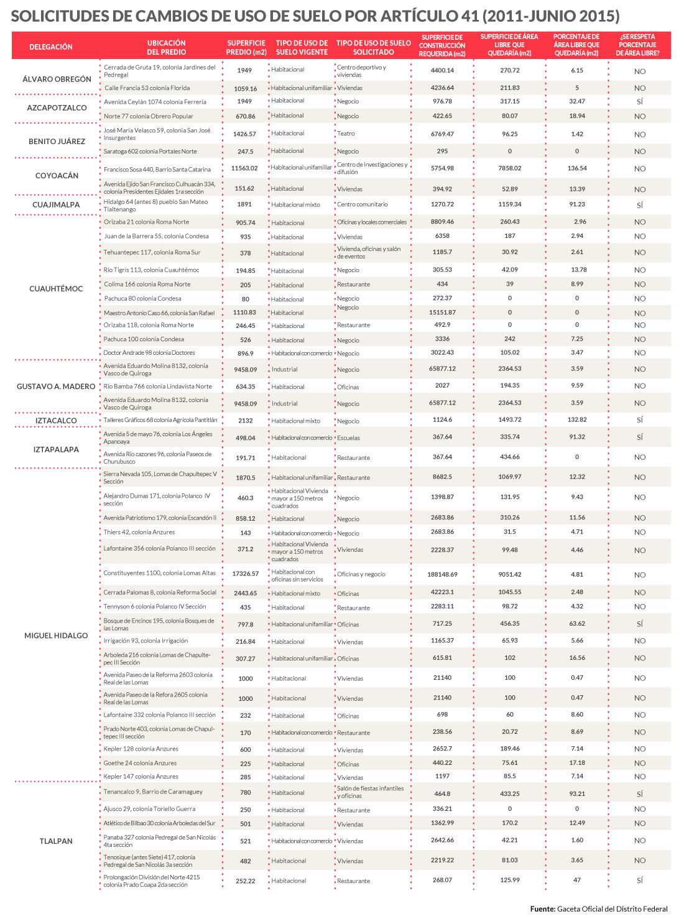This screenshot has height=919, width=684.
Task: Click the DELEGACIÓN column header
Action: (51, 47)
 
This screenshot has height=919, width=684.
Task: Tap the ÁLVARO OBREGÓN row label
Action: (57, 79)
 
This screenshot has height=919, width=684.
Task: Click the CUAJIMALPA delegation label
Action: (56, 204)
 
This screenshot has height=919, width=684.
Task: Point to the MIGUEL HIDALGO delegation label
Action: (56, 636)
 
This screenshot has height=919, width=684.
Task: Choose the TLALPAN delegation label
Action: (56, 841)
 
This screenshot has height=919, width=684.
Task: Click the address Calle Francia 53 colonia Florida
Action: (147, 88)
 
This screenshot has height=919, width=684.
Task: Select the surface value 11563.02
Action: (244, 168)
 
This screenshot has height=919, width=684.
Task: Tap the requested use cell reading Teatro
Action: (346, 134)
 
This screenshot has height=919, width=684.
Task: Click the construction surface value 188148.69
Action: (442, 574)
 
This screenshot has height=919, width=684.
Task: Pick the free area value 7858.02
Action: (510, 168)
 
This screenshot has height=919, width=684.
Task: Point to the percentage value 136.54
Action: (577, 168)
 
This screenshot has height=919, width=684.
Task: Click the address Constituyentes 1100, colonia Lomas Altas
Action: (160, 573)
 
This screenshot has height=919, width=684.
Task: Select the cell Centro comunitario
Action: (363, 204)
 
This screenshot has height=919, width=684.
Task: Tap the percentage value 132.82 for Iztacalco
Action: (577, 420)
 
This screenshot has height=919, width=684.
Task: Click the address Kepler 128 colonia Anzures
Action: (141, 749)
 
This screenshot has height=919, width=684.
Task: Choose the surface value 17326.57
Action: (246, 574)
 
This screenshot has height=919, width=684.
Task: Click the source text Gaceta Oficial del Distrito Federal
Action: (612, 908)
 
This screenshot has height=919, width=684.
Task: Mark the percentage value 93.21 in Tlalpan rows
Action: (577, 793)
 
